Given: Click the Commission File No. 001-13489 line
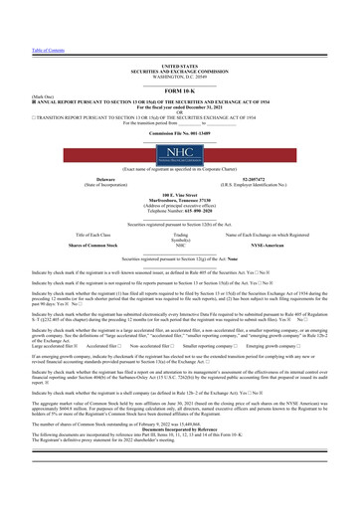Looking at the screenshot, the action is [x=180, y=131].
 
